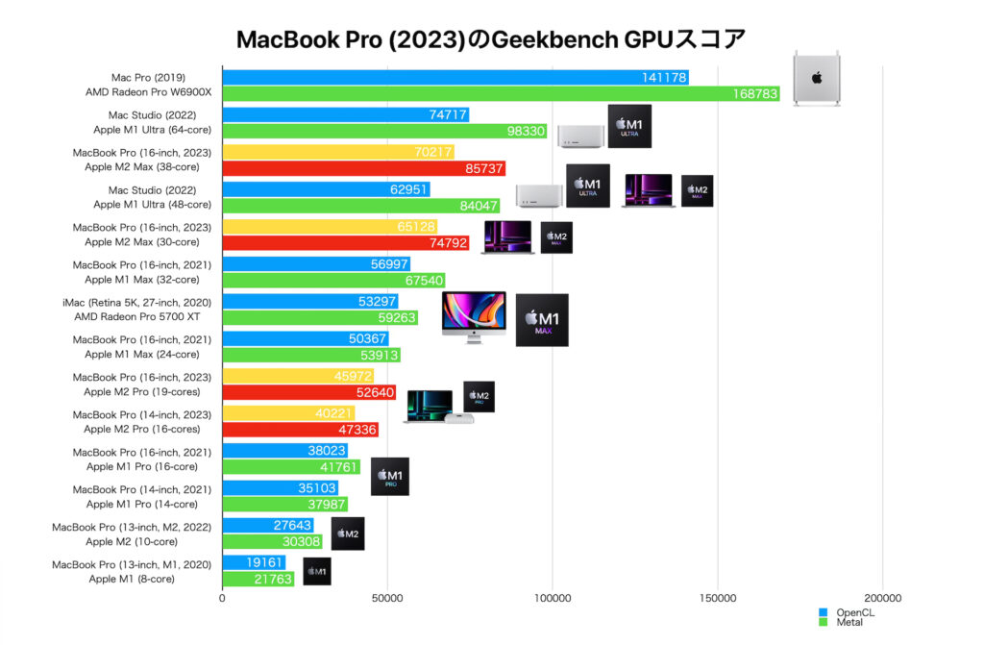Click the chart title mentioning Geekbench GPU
(x=491, y=39)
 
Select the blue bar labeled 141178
(x=455, y=77)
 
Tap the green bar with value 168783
(x=500, y=94)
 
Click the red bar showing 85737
(x=363, y=169)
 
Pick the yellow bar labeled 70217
(x=337, y=151)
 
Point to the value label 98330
(x=525, y=132)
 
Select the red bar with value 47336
(x=299, y=430)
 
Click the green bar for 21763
(x=258, y=580)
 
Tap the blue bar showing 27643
(x=267, y=526)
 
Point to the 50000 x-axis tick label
(x=387, y=599)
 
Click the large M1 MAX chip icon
(x=542, y=320)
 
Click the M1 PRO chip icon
(x=389, y=477)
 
